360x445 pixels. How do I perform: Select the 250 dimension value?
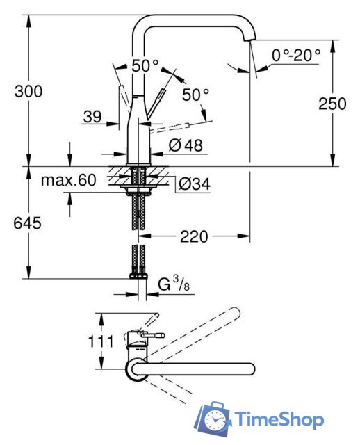pyautogui.click(x=332, y=104)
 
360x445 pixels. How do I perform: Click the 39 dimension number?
pyautogui.click(x=93, y=118)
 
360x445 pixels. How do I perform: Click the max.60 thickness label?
pyautogui.click(x=68, y=181)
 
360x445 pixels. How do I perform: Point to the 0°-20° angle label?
pyautogui.click(x=297, y=54)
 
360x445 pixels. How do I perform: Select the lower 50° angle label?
pyautogui.click(x=197, y=93)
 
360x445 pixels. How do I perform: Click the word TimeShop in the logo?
pyautogui.click(x=279, y=420)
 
